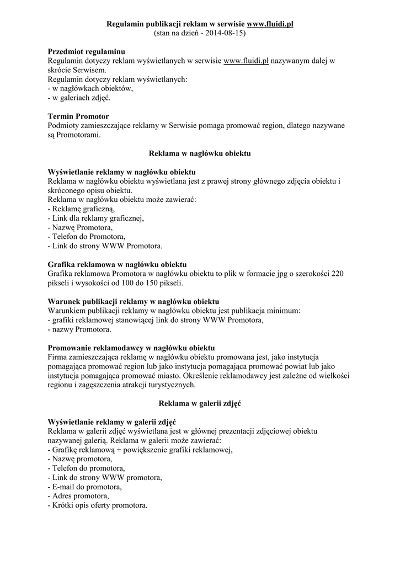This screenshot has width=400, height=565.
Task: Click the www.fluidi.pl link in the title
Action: coord(270,24)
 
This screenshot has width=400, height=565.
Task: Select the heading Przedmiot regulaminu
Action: coord(86,51)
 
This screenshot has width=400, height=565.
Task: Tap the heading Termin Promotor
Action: coord(78,116)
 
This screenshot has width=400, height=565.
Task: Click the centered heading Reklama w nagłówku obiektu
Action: coord(200,153)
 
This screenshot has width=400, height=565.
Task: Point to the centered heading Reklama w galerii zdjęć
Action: coord(200,403)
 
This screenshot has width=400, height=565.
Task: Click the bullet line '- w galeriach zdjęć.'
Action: coord(79,98)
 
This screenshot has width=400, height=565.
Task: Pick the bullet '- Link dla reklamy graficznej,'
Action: coord(95,218)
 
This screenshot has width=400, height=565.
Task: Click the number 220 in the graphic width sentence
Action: coord(338,274)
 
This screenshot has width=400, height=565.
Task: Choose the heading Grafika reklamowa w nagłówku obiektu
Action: coord(118,264)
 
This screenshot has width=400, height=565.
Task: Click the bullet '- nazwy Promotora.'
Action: coord(79,329)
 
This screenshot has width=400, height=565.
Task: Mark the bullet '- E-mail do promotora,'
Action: coord(84,487)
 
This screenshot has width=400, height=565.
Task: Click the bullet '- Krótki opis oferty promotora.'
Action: coord(98,505)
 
